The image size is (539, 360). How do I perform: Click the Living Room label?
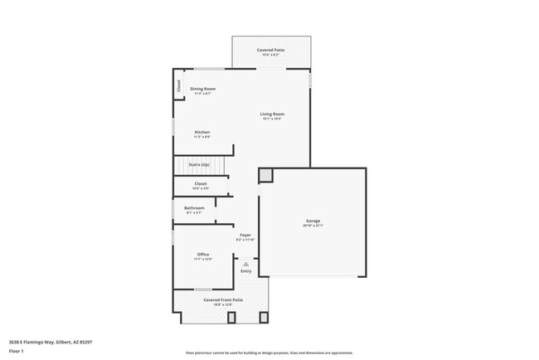[x=272, y=114]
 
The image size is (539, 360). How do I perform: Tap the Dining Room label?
[x=203, y=89]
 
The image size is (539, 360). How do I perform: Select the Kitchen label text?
[x=202, y=132]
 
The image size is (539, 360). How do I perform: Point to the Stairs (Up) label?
[x=200, y=165]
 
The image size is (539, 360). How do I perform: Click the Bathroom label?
[x=194, y=207]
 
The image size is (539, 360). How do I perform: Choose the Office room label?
[x=203, y=254]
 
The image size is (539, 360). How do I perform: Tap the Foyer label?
[x=245, y=235]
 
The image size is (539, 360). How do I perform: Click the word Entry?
[x=246, y=271]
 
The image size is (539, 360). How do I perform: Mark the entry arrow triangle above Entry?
[x=246, y=264]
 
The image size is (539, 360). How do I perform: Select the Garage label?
[x=313, y=221]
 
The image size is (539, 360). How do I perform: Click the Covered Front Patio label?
[x=223, y=299]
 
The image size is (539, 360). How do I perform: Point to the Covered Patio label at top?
[x=271, y=50]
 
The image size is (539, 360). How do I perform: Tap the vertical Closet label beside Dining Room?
[x=178, y=85]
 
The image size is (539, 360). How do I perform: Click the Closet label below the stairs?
[x=201, y=183]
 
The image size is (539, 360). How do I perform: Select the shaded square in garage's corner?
[x=265, y=175]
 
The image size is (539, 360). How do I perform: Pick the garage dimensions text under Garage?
[x=313, y=226]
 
